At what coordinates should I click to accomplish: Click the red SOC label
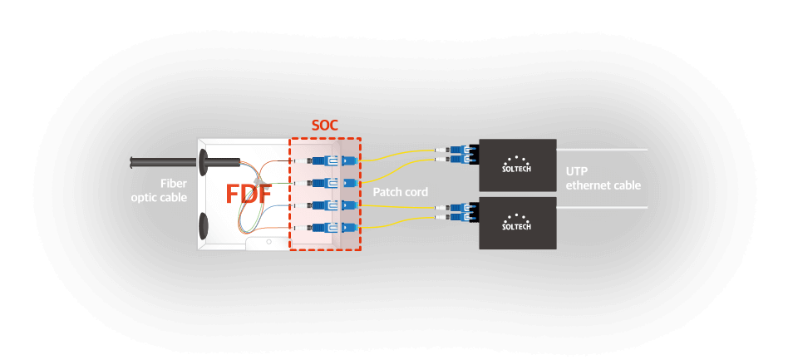click(x=325, y=126)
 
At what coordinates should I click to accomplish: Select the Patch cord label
click(x=400, y=192)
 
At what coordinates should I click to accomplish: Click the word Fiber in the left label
click(x=173, y=183)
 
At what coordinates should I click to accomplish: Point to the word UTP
click(x=577, y=170)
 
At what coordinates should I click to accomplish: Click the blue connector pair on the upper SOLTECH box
click(x=460, y=154)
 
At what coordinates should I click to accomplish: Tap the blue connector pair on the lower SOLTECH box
click(x=460, y=212)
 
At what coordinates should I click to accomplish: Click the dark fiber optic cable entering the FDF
click(x=166, y=161)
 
